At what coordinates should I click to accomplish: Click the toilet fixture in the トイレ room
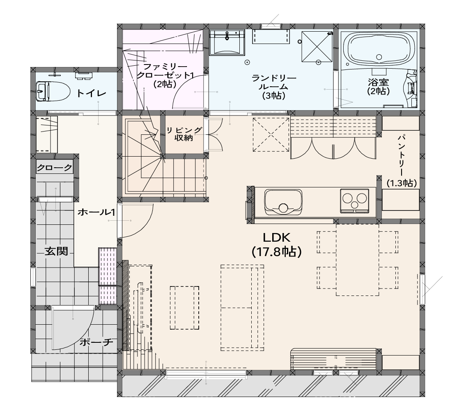click(53, 91)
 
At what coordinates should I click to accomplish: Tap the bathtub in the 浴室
click(379, 48)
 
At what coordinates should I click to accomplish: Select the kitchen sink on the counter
click(283, 202)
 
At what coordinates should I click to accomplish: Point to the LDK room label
click(277, 238)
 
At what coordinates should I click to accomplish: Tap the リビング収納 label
click(184, 134)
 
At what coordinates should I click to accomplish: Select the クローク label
click(55, 168)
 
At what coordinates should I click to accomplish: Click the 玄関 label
click(56, 251)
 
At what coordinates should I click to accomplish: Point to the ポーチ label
click(96, 342)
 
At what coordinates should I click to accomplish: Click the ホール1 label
click(96, 212)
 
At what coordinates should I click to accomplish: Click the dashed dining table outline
click(358, 260)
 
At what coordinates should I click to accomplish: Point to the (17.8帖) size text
click(277, 252)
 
